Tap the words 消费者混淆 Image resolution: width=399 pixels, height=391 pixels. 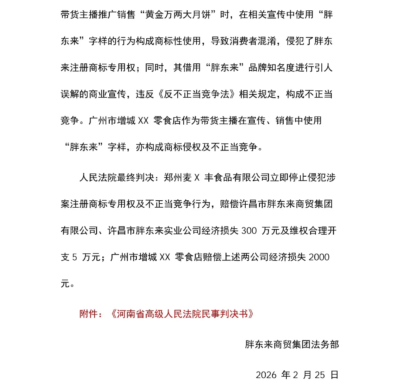(x=251, y=41)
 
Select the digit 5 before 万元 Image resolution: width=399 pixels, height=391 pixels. (x=74, y=257)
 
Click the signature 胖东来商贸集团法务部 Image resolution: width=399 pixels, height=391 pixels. (x=292, y=344)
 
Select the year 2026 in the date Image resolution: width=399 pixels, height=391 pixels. (x=266, y=375)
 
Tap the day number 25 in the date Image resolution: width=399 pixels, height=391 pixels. (x=320, y=375)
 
